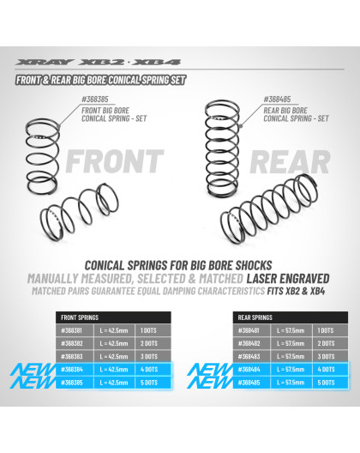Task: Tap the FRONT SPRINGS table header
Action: coord(77,317)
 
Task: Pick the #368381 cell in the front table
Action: coord(75,330)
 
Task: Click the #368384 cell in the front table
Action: coord(75,369)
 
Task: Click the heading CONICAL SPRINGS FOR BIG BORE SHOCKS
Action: coord(179,265)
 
